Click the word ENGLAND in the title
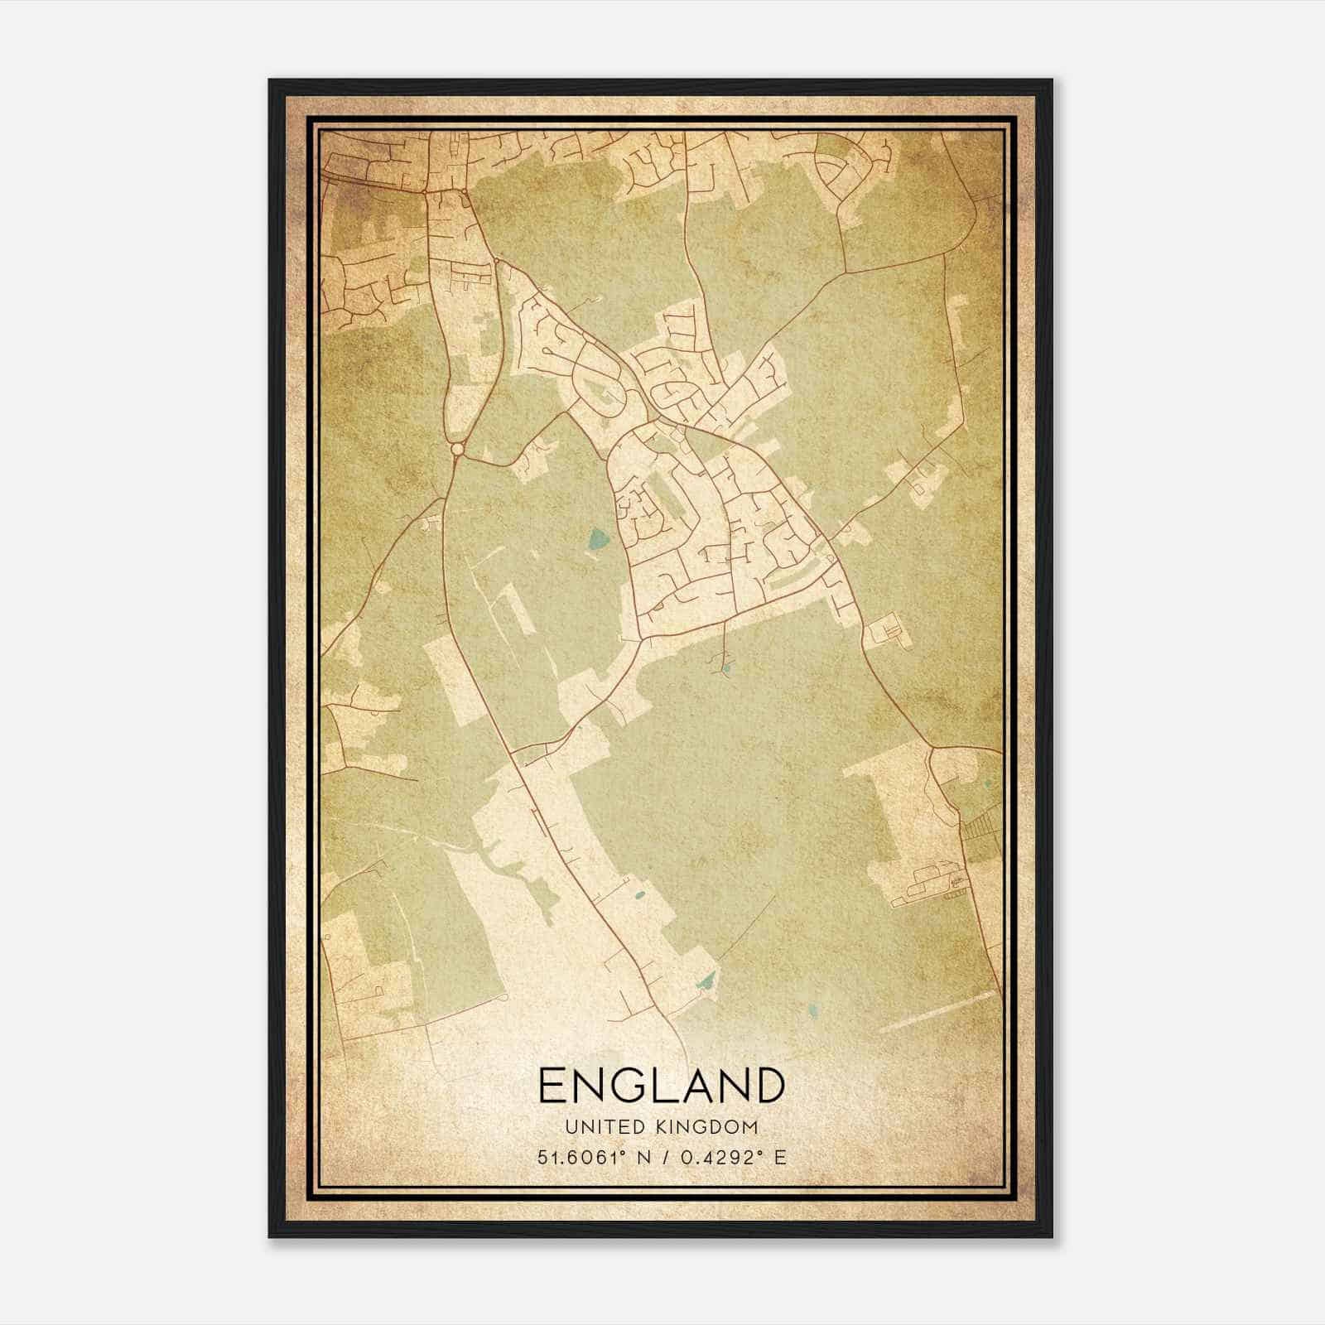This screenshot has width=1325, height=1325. pyautogui.click(x=661, y=1086)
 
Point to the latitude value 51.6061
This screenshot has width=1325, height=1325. pyautogui.click(x=575, y=1158)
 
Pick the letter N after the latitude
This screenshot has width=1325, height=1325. pyautogui.click(x=638, y=1158)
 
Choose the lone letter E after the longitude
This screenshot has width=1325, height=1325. pyautogui.click(x=779, y=1158)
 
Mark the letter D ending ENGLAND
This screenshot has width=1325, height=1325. pyautogui.click(x=767, y=1086)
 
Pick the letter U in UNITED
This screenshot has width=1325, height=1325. pyautogui.click(x=571, y=1127)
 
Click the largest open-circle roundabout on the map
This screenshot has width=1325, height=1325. pyautogui.click(x=457, y=449)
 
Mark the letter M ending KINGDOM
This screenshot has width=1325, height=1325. pyautogui.click(x=750, y=1127)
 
